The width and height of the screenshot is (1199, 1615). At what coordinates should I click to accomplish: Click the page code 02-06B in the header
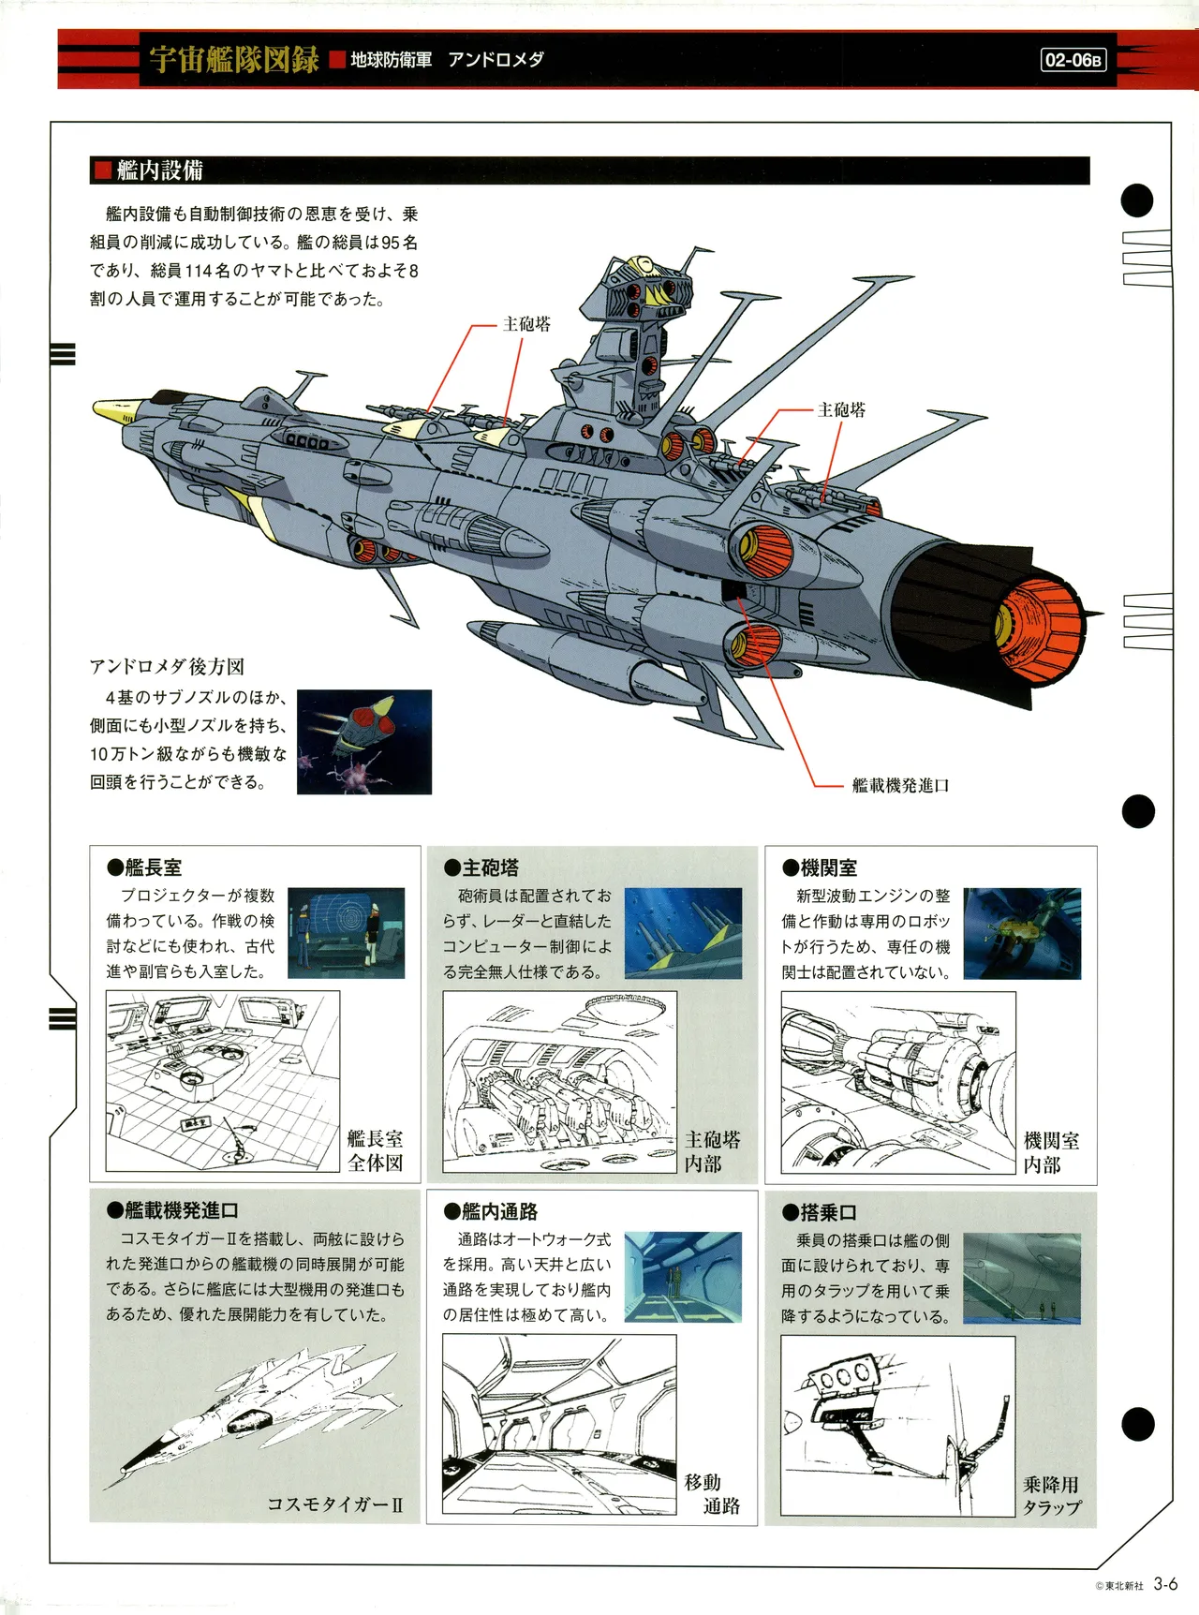(1073, 60)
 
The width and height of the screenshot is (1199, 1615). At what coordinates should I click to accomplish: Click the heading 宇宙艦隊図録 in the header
(234, 59)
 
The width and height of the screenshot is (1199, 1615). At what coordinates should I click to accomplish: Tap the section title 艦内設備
(159, 170)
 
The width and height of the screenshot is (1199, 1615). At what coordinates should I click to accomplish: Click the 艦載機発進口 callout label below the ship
(900, 785)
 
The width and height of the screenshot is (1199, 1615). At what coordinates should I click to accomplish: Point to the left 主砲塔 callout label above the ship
(526, 324)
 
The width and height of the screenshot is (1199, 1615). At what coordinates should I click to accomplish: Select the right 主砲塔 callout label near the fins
(841, 409)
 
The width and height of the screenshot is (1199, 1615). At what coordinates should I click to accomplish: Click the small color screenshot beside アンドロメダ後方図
(364, 742)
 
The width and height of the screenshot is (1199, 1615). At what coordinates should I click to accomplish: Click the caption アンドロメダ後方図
(167, 666)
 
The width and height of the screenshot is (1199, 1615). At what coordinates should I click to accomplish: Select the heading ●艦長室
(144, 867)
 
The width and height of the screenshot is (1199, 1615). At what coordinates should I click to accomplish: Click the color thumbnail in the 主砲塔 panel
(683, 933)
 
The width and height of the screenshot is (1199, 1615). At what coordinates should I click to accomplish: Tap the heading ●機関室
(820, 867)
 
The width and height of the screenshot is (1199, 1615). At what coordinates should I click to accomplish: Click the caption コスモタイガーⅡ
(334, 1504)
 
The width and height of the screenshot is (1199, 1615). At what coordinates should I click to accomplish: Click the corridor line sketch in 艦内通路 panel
(559, 1423)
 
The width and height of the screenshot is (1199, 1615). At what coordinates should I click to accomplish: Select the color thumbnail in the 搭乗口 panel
(1021, 1278)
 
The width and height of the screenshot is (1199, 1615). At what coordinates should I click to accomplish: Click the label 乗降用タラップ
(1051, 1496)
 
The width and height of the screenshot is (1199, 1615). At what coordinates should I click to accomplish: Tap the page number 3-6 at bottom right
(1165, 1584)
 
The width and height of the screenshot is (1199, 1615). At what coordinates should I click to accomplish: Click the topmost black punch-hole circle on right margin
(1137, 200)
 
